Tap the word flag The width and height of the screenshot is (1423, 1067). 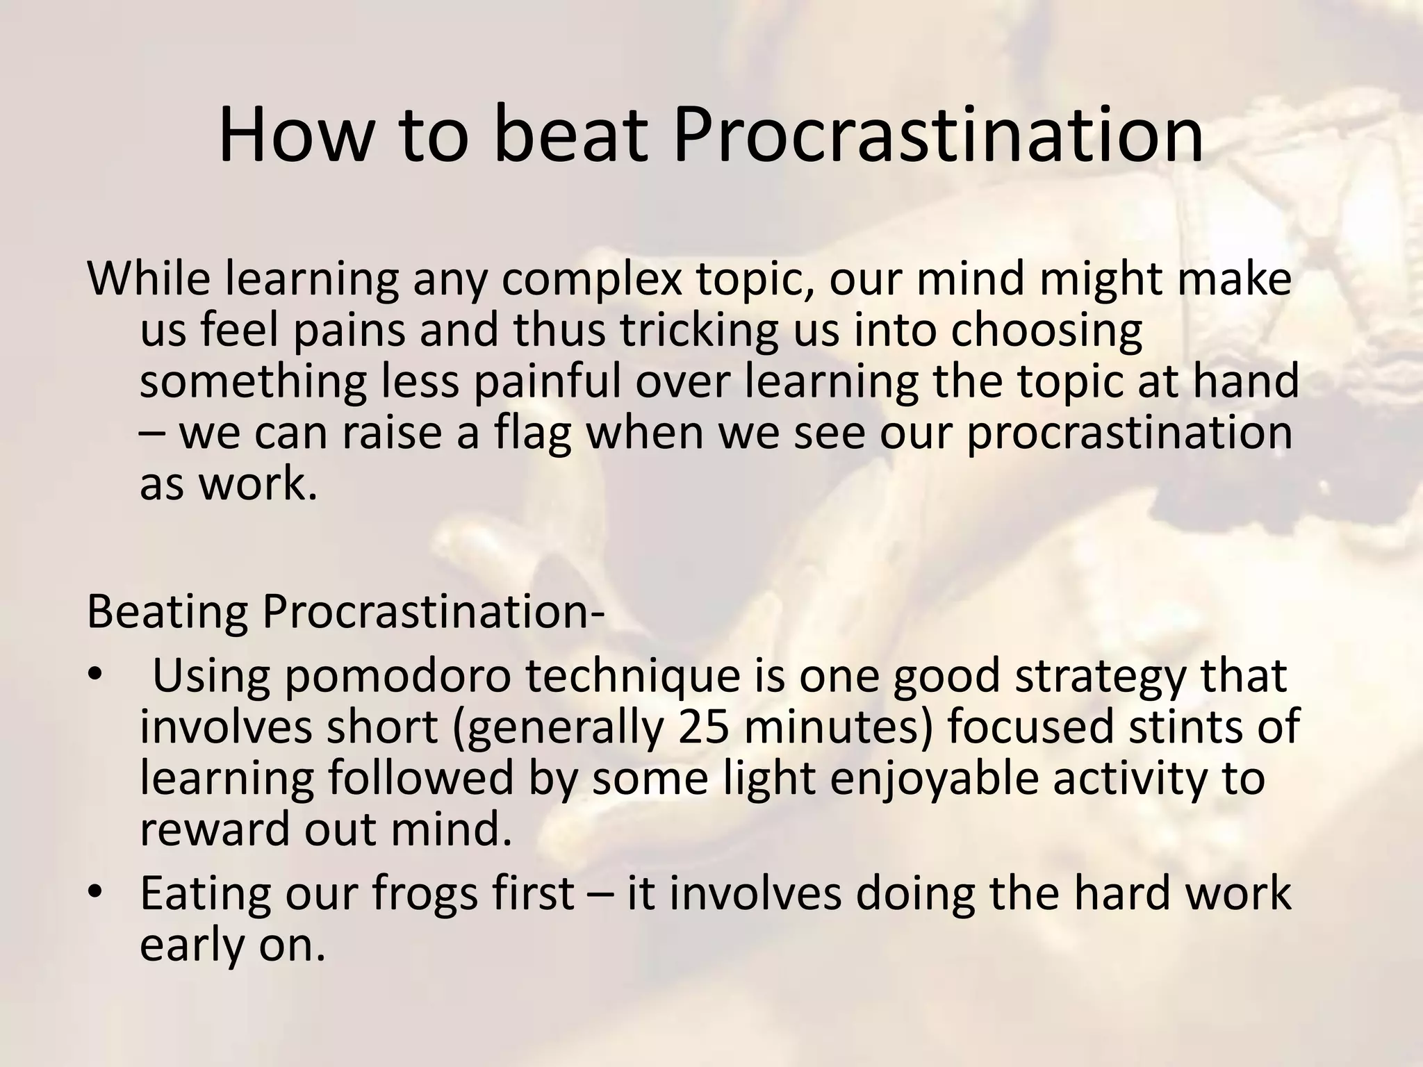pyautogui.click(x=532, y=433)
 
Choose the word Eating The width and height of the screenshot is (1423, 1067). pyautogui.click(x=204, y=895)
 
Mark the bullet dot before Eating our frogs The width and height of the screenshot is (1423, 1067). pyautogui.click(x=95, y=893)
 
